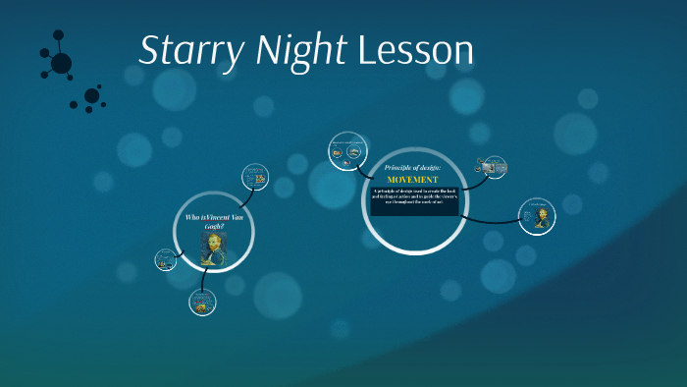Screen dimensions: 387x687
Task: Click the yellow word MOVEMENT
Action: pyautogui.click(x=412, y=180)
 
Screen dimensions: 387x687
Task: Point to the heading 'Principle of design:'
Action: pyautogui.click(x=413, y=168)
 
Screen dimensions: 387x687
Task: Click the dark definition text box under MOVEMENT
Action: pyautogui.click(x=414, y=200)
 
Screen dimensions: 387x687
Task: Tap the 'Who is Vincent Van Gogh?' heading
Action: pyautogui.click(x=213, y=220)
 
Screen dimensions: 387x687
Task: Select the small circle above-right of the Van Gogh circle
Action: pyautogui.click(x=255, y=177)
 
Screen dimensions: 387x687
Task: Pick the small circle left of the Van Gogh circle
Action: pyautogui.click(x=165, y=259)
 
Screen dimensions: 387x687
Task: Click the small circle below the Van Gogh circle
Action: pyautogui.click(x=202, y=303)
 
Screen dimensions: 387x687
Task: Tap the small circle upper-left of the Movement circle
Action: pyautogui.click(x=347, y=148)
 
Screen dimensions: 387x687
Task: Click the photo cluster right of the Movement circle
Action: pyautogui.click(x=493, y=167)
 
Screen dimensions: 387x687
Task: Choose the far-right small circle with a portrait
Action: pyautogui.click(x=539, y=216)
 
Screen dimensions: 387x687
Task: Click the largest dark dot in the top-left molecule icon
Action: pyautogui.click(x=61, y=64)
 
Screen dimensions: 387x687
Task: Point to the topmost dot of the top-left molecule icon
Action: pyautogui.click(x=60, y=34)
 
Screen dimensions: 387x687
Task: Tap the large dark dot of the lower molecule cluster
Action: pyautogui.click(x=91, y=95)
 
